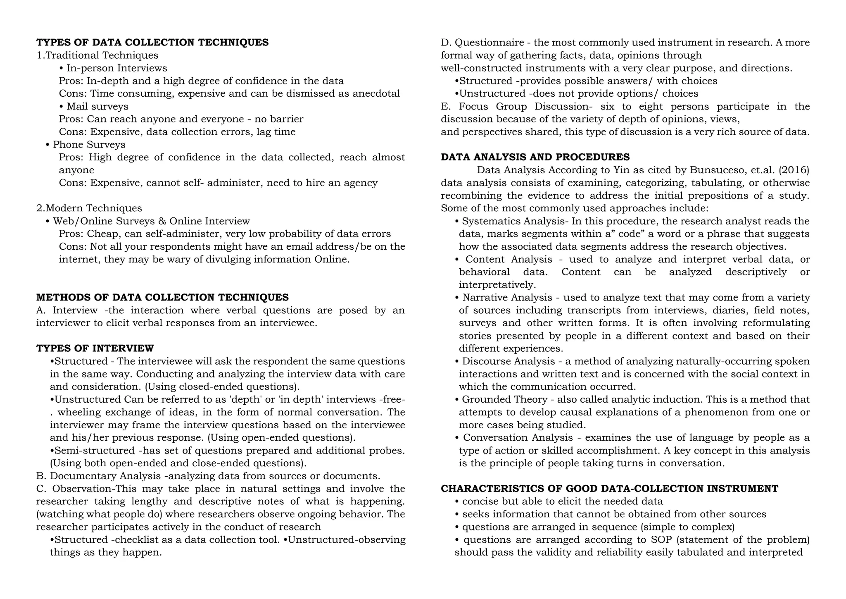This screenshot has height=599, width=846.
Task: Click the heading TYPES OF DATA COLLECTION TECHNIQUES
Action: (152, 42)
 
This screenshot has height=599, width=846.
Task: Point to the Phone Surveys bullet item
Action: (89, 144)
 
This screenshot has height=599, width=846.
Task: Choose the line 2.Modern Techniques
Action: (89, 208)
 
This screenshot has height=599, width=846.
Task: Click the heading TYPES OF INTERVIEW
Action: (95, 348)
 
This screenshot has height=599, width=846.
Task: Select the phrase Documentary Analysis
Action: (105, 476)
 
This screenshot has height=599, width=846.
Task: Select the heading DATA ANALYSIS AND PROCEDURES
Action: (535, 157)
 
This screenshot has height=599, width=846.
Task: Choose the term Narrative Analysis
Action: (507, 297)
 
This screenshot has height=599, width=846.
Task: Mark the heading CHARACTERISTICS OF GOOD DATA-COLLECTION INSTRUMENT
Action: (609, 489)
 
